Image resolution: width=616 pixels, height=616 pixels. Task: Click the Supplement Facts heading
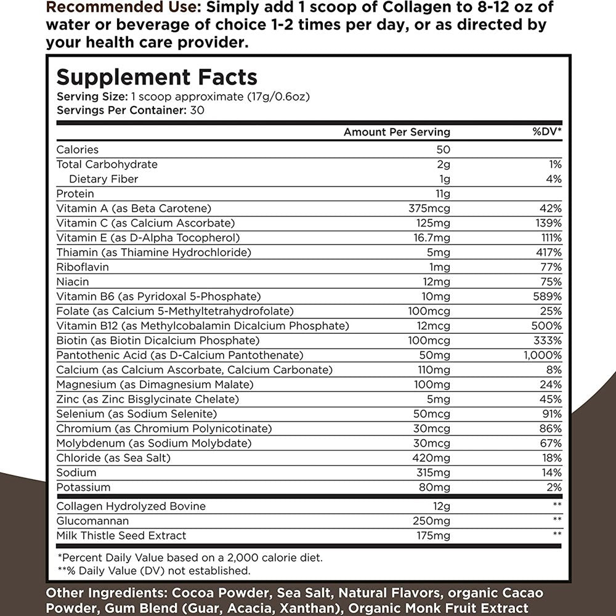click(157, 77)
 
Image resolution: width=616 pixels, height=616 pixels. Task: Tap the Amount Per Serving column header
click(397, 132)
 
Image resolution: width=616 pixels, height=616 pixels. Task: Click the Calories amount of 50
click(443, 150)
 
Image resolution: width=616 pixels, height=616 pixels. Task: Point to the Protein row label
click(75, 194)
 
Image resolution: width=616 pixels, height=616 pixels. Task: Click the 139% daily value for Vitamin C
click(548, 224)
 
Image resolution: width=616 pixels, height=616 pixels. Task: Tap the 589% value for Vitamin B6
click(548, 297)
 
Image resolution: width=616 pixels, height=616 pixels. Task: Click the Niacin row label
click(73, 282)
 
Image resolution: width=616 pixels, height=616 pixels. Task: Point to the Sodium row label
click(76, 472)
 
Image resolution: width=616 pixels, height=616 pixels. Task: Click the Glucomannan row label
click(92, 521)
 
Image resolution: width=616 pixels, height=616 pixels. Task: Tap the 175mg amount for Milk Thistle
click(433, 536)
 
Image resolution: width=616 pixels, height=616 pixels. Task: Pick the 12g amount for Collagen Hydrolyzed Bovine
click(442, 506)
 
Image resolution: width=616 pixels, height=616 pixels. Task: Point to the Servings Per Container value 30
click(198, 111)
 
